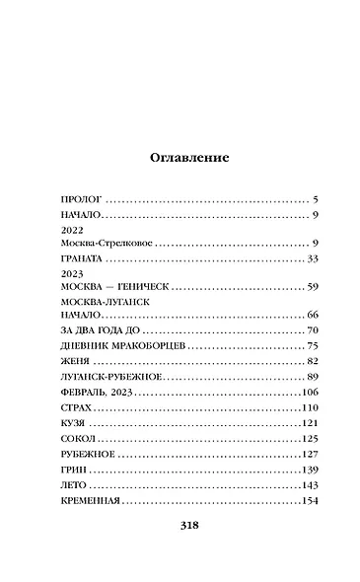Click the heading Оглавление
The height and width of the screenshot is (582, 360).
pyautogui.click(x=188, y=157)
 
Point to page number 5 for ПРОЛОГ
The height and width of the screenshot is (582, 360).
pyautogui.click(x=311, y=198)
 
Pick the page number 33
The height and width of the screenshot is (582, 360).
pyautogui.click(x=308, y=258)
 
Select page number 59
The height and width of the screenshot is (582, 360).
pyautogui.click(x=308, y=287)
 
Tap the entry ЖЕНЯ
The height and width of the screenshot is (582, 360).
pyautogui.click(x=75, y=362)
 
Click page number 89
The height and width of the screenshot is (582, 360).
pyautogui.click(x=308, y=378)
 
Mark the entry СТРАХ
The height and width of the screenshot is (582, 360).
pyautogui.click(x=76, y=407)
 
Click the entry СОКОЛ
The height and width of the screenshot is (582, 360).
pyautogui.click(x=78, y=438)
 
